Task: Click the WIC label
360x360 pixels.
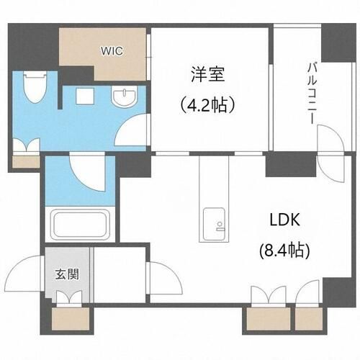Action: (112, 51)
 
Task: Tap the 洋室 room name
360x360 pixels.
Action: (208, 74)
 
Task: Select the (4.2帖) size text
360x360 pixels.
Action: (207, 105)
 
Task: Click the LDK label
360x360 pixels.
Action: (285, 220)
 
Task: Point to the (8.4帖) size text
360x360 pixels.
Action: (284, 251)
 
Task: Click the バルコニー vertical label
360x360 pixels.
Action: (312, 93)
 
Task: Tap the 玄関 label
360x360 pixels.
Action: (67, 274)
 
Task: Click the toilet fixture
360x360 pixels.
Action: (35, 87)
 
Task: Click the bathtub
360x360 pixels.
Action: (81, 224)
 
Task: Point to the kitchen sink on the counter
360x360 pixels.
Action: (214, 225)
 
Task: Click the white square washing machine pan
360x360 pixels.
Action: (85, 96)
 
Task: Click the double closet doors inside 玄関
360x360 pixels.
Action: (69, 297)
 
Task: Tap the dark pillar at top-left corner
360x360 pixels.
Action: (34, 46)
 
